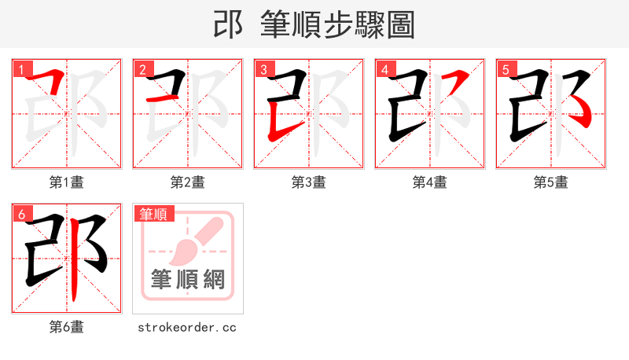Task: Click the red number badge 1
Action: pyautogui.click(x=21, y=69)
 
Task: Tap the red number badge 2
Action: pyautogui.click(x=142, y=69)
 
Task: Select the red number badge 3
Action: pyautogui.click(x=263, y=69)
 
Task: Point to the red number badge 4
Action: pyautogui.click(x=384, y=69)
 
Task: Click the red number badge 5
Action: pyautogui.click(x=506, y=69)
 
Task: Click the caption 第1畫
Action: pyautogui.click(x=67, y=182)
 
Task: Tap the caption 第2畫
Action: pyautogui.click(x=188, y=182)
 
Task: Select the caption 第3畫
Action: pyautogui.click(x=309, y=182)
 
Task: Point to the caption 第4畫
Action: pyautogui.click(x=430, y=182)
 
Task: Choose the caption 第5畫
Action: pyautogui.click(x=551, y=182)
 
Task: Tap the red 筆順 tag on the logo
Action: pyautogui.click(x=154, y=214)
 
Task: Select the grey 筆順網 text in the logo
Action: pyautogui.click(x=188, y=279)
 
